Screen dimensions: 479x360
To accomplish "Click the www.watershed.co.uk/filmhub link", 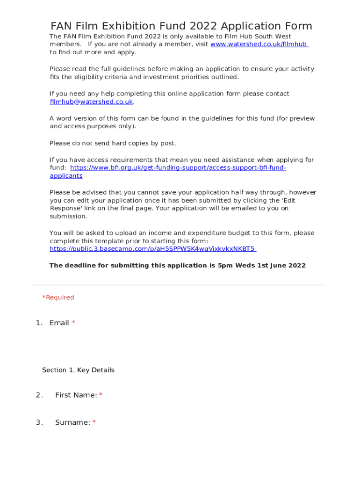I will pos(259,44).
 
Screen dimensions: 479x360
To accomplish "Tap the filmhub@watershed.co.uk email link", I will pos(91,102).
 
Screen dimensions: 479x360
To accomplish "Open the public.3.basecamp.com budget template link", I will pos(152,249).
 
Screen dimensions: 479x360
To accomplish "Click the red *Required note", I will pos(58,298).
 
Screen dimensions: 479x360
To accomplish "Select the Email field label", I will pos(59,323).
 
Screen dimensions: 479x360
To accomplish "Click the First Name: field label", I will pos(76,395).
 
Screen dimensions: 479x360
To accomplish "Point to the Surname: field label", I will pos(72,422).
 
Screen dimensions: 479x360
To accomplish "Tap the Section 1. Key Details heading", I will pos(78,370).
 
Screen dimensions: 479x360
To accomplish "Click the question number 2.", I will pos(39,395).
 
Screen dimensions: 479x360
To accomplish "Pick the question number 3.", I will pos(39,422).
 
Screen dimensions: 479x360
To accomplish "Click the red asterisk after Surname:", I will pos(94,422).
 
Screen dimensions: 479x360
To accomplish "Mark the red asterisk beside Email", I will pos(73,323).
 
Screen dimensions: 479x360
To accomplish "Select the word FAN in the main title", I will pos(61,26).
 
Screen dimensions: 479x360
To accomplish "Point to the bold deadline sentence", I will pos(177,265).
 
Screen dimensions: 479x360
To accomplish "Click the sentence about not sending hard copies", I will pos(113,143).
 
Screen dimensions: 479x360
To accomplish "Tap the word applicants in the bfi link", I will pos(66,176).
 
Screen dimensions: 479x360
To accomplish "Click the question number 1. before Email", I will pos(39,323).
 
